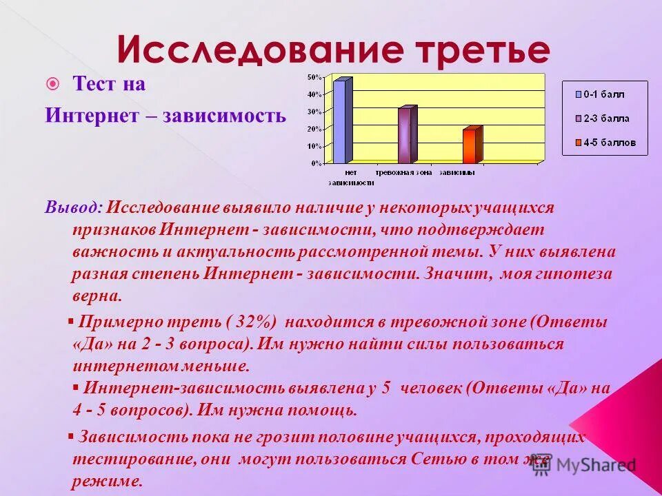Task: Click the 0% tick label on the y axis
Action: [314, 164]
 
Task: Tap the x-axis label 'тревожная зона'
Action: [403, 173]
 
